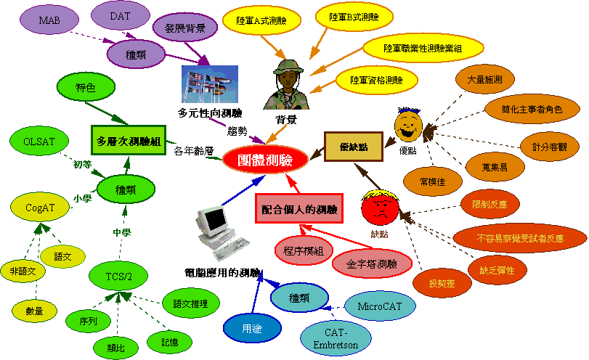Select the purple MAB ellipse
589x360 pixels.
[x=49, y=20]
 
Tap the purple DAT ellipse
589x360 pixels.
[x=121, y=15]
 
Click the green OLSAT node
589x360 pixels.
[x=39, y=140]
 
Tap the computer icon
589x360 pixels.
[x=218, y=232]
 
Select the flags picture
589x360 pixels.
[x=210, y=86]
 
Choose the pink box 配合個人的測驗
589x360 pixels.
[x=299, y=210]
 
